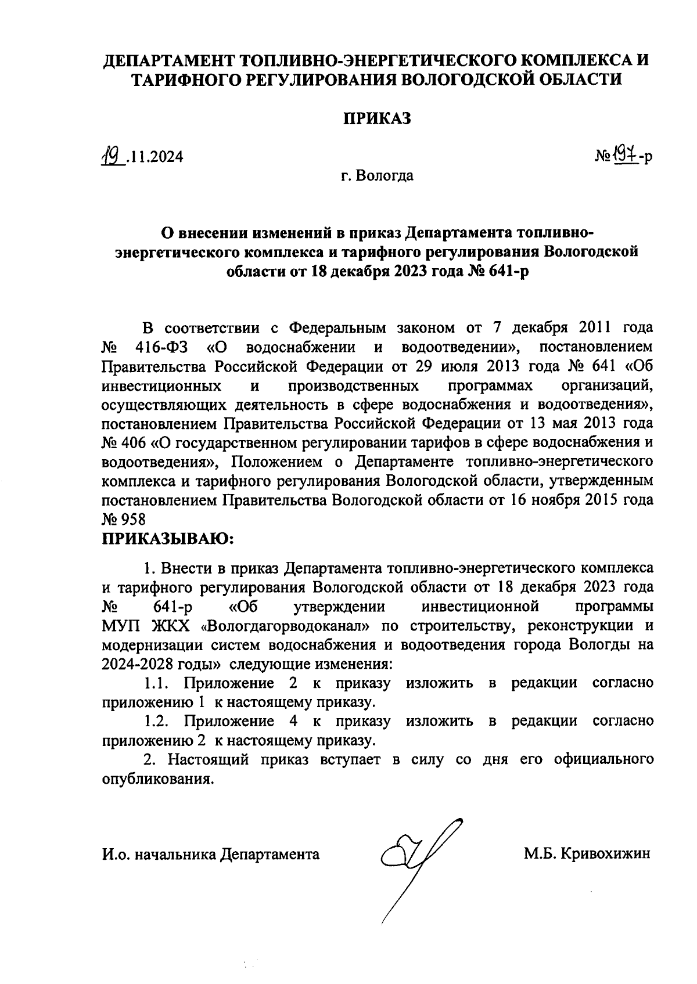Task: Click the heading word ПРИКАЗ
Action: coord(377,118)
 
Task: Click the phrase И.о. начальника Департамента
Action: coord(211,854)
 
